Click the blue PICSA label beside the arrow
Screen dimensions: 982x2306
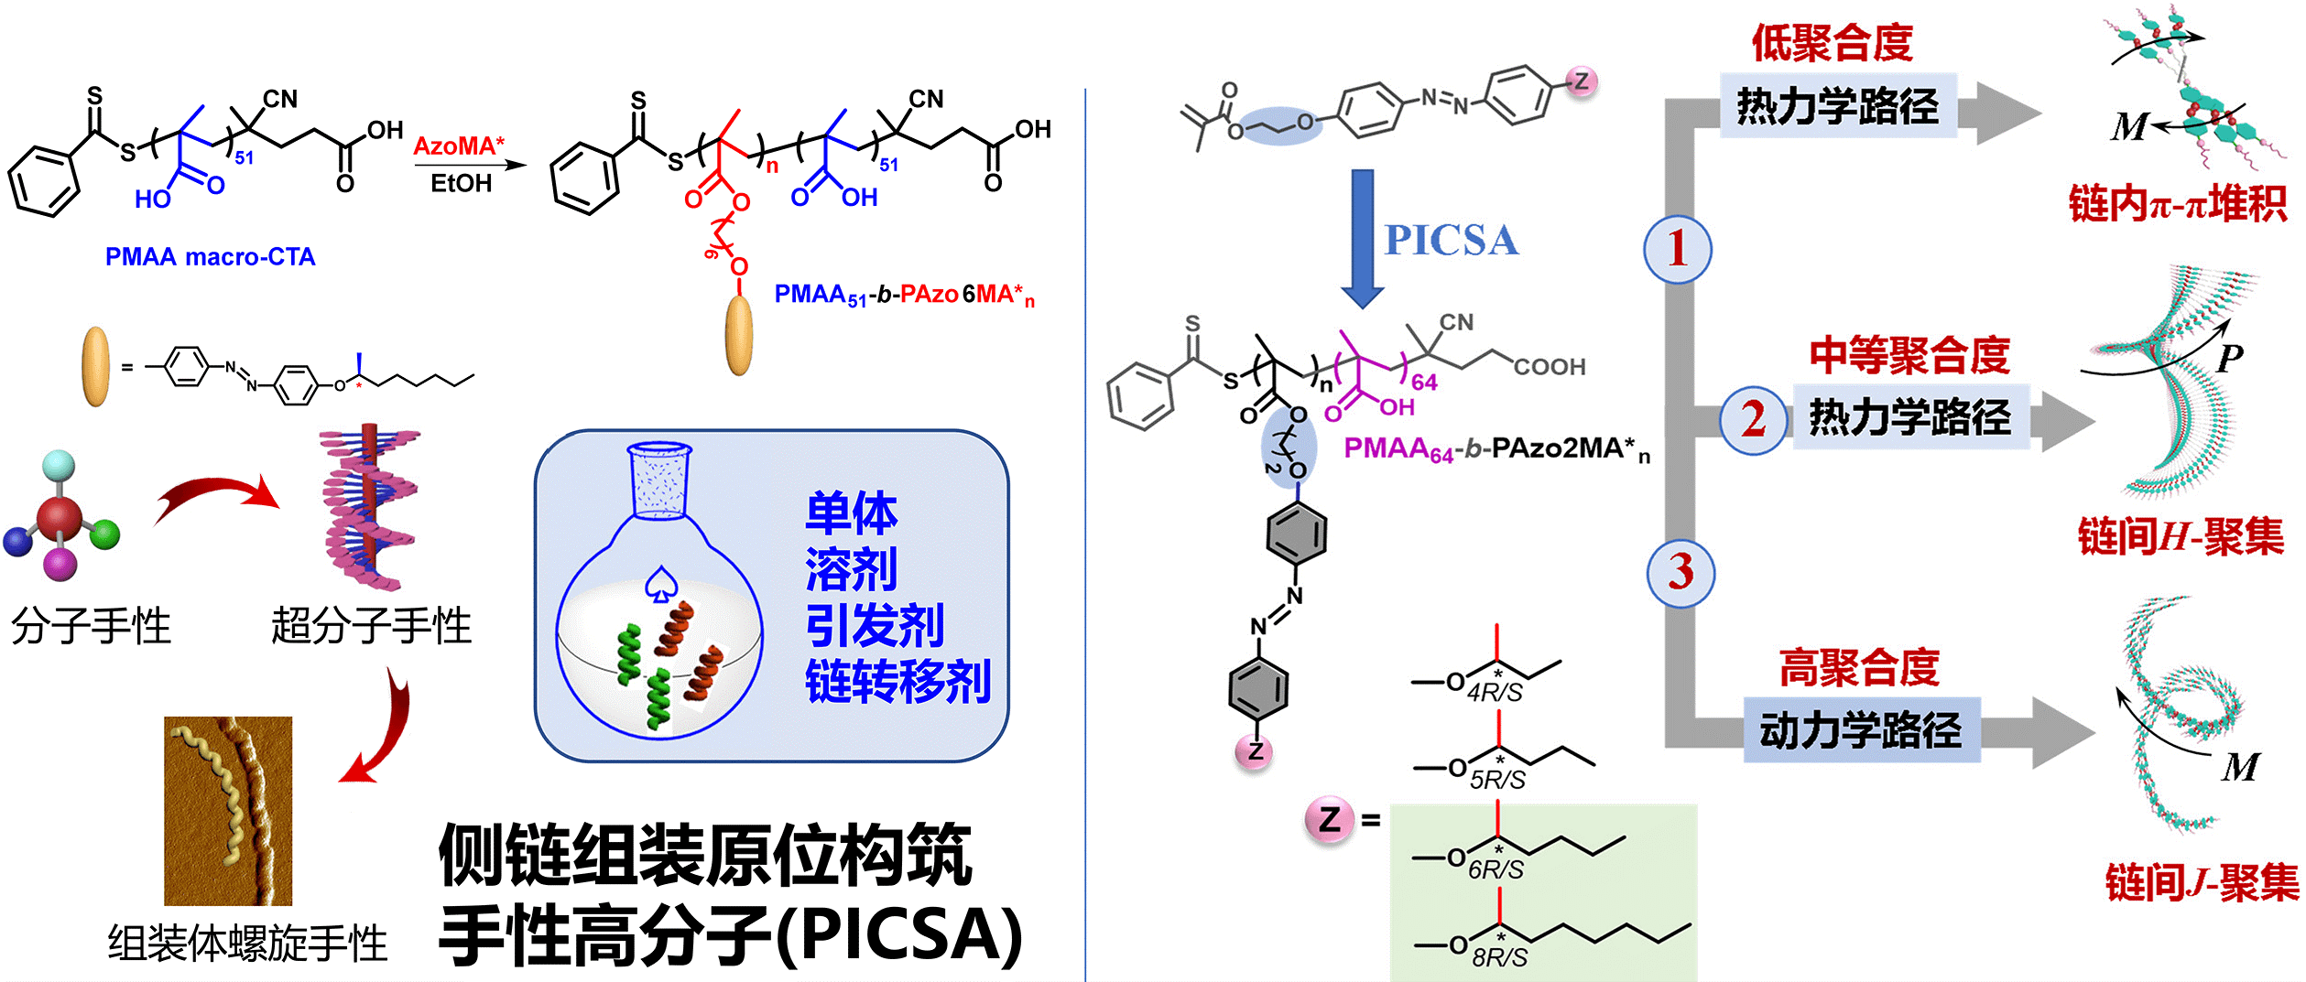(x=1451, y=240)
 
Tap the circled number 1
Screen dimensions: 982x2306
(x=1677, y=249)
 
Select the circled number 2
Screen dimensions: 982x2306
(x=1753, y=419)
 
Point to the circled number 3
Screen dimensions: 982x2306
(x=1681, y=573)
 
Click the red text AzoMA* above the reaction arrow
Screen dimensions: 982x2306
(x=459, y=146)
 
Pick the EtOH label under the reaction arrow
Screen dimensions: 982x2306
(x=461, y=184)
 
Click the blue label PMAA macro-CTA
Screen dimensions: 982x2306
(x=210, y=257)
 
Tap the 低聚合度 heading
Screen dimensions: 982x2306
(x=1832, y=43)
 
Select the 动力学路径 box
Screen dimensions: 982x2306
(x=1861, y=730)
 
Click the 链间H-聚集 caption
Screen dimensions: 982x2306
(x=2181, y=536)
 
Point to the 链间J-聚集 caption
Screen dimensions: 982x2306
(x=2202, y=882)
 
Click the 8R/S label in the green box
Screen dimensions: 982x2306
(x=1499, y=957)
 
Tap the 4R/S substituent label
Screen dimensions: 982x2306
(x=1494, y=692)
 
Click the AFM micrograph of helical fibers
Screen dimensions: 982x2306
(x=228, y=811)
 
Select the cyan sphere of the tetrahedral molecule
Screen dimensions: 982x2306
(x=59, y=465)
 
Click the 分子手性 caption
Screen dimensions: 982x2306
(x=91, y=627)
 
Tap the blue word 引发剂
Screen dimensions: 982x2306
(x=875, y=626)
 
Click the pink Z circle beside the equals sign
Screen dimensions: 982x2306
(x=1330, y=819)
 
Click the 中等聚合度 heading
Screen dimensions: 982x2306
(x=1909, y=355)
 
